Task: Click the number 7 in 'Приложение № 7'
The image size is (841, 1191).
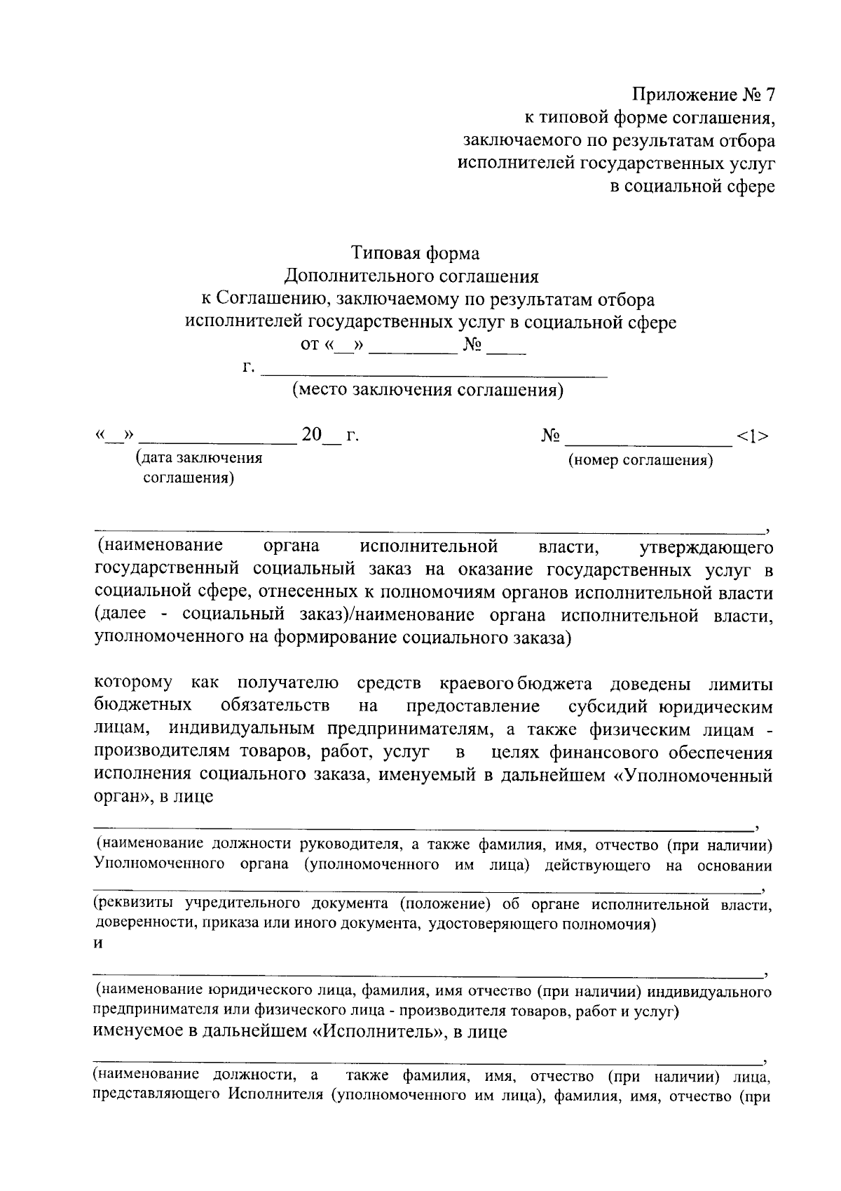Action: (x=770, y=94)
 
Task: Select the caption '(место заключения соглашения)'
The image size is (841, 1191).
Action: (x=428, y=391)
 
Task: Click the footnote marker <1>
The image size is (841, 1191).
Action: (x=753, y=436)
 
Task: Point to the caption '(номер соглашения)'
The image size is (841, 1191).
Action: (x=641, y=461)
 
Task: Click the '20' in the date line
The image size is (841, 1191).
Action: (x=311, y=436)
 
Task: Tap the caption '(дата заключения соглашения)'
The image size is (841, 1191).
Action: (x=198, y=468)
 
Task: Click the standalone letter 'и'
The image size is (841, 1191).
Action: (x=99, y=943)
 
